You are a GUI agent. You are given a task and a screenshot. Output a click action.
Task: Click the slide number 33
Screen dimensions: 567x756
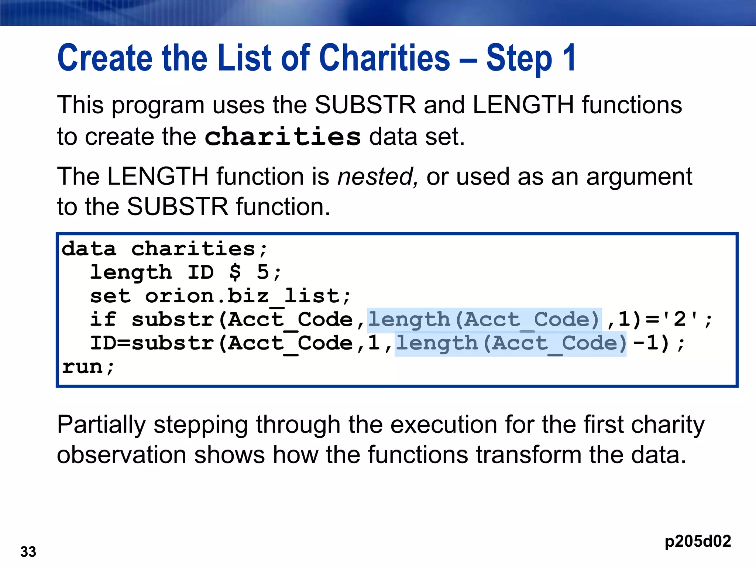pos(28,552)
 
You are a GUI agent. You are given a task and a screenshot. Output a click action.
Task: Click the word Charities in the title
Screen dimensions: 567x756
pos(384,58)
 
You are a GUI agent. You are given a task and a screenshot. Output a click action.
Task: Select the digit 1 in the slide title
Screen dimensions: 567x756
pos(569,58)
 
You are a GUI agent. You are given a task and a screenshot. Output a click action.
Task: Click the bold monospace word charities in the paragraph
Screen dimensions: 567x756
pos(282,137)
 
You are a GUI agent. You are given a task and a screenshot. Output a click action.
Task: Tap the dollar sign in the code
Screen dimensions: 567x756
pos(235,272)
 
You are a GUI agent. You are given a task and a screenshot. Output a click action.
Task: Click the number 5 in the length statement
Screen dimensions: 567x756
pos(263,272)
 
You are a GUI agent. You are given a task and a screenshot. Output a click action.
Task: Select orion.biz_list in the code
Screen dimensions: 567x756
pos(248,296)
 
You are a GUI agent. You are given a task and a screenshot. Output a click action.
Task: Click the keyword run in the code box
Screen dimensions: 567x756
pos(82,367)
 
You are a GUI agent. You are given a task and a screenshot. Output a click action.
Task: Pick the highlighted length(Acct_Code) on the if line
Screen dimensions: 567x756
pos(484,320)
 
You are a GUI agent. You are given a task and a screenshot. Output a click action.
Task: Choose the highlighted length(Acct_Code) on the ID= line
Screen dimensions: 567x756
pos(511,343)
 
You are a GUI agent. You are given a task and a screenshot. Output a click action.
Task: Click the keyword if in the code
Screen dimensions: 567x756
pos(103,319)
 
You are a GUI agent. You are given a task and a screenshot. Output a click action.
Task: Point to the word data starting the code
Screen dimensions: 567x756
pos(89,249)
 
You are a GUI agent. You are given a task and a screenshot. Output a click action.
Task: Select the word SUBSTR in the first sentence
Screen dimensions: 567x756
pos(365,105)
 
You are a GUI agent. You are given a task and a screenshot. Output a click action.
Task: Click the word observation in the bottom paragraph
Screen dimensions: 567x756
pos(121,455)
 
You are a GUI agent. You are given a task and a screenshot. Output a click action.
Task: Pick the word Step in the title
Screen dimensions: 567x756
pos(519,58)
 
